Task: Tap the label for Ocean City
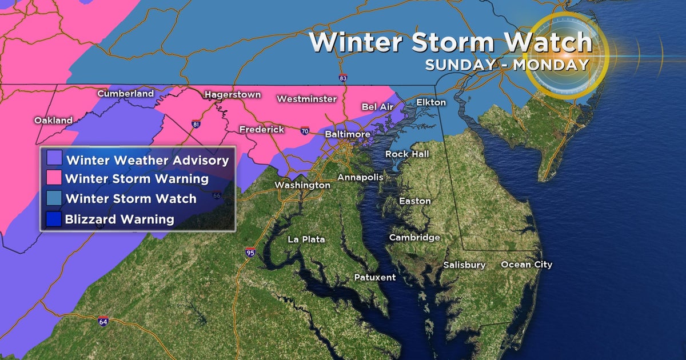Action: [527, 265]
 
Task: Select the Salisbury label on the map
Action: [464, 265]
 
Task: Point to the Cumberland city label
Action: [125, 94]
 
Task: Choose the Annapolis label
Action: [360, 177]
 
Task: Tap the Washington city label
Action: [302, 185]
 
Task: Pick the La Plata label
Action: [306, 239]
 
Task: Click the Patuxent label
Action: [374, 277]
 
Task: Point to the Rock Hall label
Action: [406, 154]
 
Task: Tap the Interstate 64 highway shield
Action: [103, 321]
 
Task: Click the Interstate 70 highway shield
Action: [305, 131]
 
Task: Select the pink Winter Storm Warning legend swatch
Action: [55, 178]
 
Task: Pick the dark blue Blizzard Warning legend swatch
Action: [55, 219]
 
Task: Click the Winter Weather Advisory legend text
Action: [147, 160]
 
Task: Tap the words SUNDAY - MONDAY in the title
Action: [506, 65]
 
